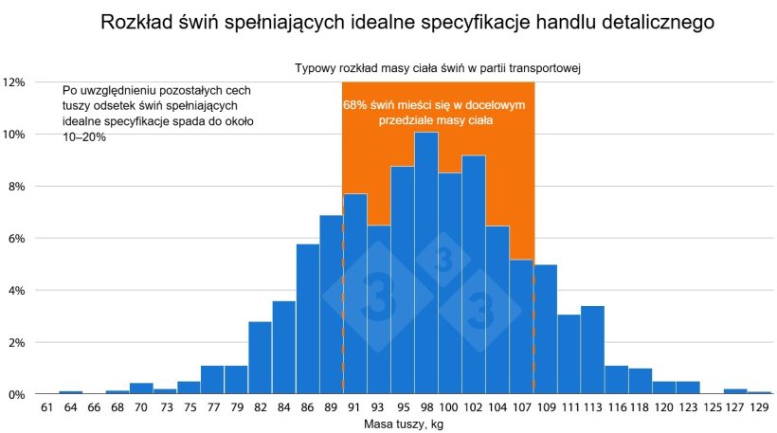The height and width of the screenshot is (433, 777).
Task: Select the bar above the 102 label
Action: pyautogui.click(x=474, y=275)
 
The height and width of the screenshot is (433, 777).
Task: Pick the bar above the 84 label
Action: pyautogui.click(x=284, y=347)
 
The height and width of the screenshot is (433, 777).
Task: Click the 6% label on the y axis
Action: pyautogui.click(x=17, y=238)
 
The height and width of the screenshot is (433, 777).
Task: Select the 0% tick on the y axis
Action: pyautogui.click(x=17, y=394)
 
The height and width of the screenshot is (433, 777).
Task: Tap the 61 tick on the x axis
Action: pyautogui.click(x=46, y=408)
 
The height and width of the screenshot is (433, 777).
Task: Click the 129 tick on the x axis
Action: pyautogui.click(x=759, y=408)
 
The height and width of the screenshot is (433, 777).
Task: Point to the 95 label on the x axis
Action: pyautogui.click(x=403, y=408)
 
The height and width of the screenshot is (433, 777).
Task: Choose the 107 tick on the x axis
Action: pyautogui.click(x=521, y=408)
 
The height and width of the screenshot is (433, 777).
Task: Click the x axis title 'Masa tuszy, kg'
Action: pyautogui.click(x=404, y=424)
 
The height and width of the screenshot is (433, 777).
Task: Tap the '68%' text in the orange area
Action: pyautogui.click(x=356, y=105)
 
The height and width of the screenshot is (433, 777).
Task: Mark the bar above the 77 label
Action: pyautogui.click(x=212, y=379)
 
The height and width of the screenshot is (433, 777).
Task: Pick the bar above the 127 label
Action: pyautogui.click(x=734, y=390)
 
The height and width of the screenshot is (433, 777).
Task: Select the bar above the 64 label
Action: pyautogui.click(x=70, y=391)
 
